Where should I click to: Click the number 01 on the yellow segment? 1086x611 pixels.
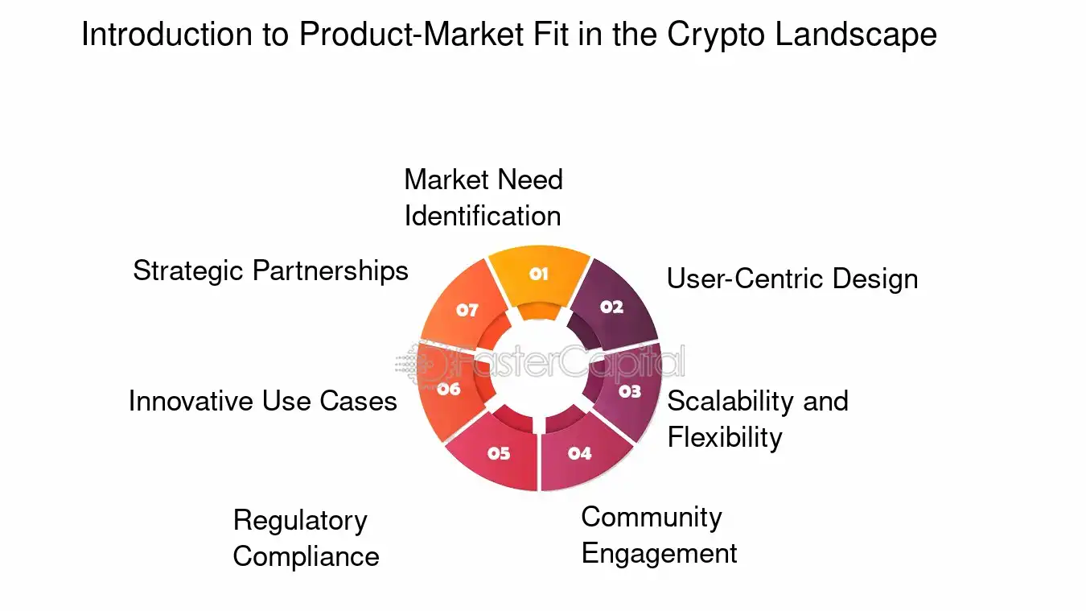538,274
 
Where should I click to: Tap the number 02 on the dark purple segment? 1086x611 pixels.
611,307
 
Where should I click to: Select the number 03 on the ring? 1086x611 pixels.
630,391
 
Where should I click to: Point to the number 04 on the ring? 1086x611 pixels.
579,453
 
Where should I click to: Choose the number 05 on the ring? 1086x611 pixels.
499,453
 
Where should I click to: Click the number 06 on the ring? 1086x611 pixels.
449,390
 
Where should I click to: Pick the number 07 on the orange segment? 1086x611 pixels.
467,310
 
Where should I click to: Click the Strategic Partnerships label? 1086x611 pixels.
270,270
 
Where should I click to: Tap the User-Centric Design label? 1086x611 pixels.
792,279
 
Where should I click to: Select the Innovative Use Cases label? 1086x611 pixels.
263,401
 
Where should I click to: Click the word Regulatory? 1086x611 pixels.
300,521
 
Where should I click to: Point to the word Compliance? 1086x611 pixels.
306,556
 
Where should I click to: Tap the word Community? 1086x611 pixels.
652,517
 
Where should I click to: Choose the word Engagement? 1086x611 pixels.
659,554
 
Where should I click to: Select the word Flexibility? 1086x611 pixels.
725,437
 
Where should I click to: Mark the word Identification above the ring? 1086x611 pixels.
483,216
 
